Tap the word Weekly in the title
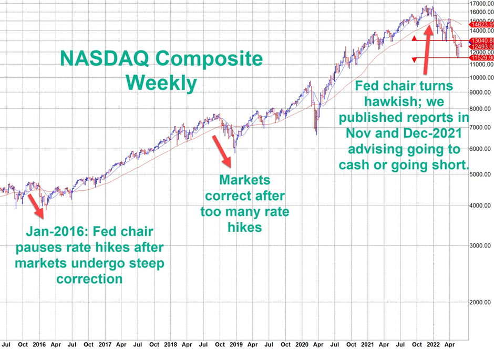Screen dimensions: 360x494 [x=163, y=83]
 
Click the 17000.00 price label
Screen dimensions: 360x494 [x=480, y=3]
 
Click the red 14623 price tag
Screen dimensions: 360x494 [x=481, y=24]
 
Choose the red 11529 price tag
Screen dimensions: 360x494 [x=481, y=58]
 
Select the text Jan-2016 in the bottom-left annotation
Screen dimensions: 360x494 [x=54, y=232]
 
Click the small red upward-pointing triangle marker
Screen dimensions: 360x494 [x=414, y=38]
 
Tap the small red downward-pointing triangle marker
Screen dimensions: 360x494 [x=414, y=60]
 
